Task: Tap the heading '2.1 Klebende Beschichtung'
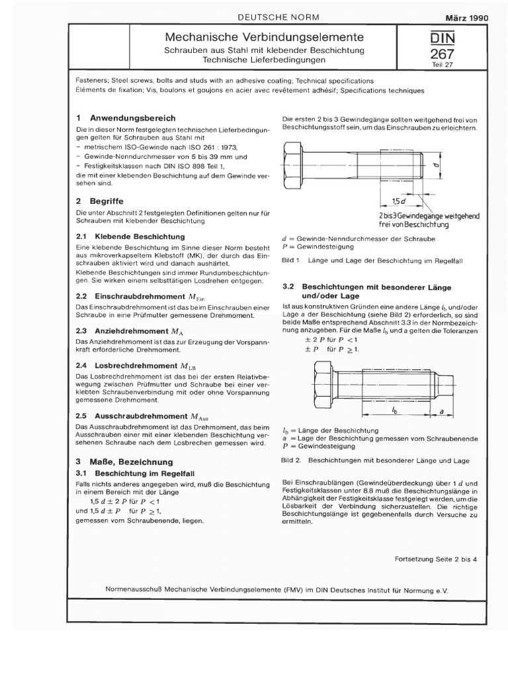pyautogui.click(x=130, y=236)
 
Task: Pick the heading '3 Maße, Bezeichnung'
pyautogui.click(x=124, y=461)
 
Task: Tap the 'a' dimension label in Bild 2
pyautogui.click(x=441, y=411)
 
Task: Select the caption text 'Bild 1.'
pyautogui.click(x=292, y=260)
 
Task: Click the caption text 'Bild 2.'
pyautogui.click(x=292, y=459)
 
